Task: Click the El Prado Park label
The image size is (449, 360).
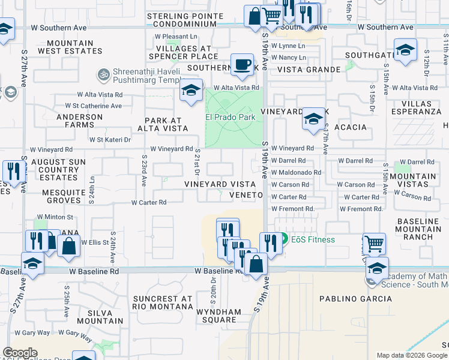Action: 231,117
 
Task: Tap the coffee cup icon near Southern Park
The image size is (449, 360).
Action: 242,65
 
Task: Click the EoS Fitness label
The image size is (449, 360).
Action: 313,239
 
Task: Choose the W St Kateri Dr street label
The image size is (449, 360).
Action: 110,140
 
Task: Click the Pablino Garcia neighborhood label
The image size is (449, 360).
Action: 347,299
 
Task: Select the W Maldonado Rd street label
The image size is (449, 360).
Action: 297,172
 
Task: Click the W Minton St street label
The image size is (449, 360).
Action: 55,217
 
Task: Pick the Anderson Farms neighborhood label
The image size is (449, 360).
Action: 79,121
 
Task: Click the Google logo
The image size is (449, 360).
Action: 20,353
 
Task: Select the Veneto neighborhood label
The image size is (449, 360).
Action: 246,195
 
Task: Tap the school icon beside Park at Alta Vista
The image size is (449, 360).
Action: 191,91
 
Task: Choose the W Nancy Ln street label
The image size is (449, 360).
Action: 288,58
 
